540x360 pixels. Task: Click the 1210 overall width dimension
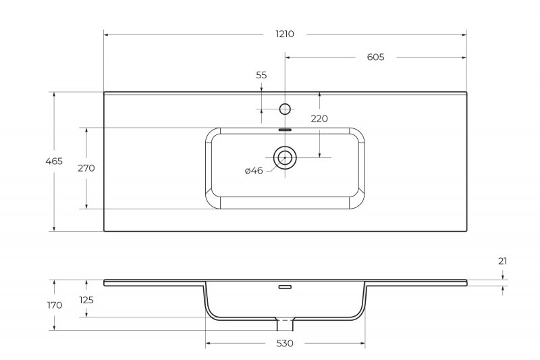click(285, 34)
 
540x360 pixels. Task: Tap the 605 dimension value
click(375, 57)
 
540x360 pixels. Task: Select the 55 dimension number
click(261, 75)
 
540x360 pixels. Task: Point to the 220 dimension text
click(319, 119)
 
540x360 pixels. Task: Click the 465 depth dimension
click(54, 161)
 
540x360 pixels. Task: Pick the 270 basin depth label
click(86, 168)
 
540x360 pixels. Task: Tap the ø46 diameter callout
click(254, 170)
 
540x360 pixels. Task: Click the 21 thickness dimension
click(503, 261)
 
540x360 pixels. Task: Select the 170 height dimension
click(55, 305)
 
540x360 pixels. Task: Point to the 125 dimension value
click(86, 301)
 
